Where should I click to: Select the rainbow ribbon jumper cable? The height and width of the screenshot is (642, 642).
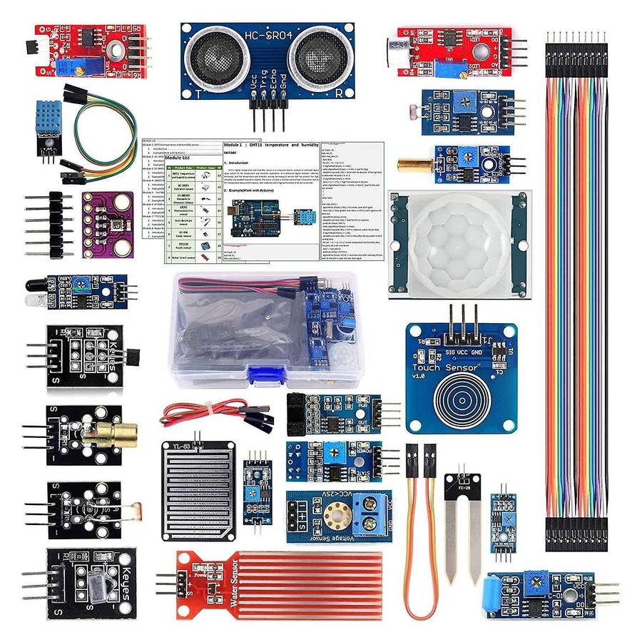(579, 285)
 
